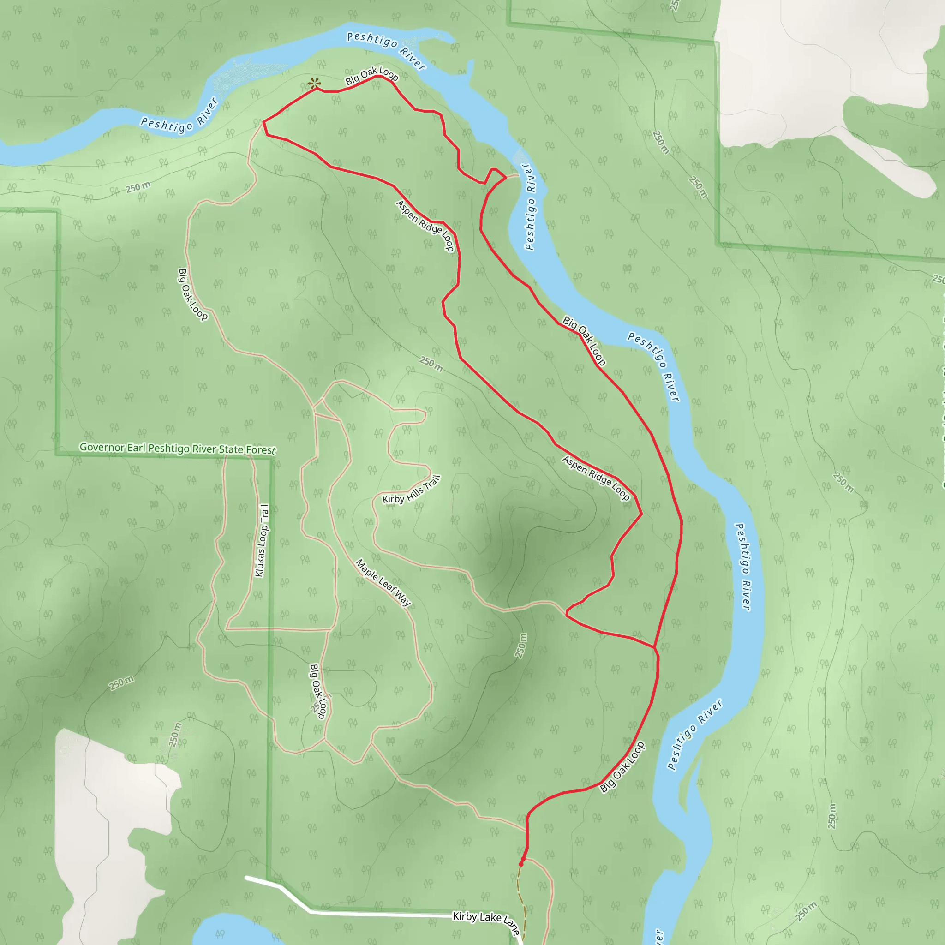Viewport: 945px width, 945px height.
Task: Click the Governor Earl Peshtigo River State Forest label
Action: (x=178, y=448)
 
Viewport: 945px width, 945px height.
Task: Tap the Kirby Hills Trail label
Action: (x=411, y=490)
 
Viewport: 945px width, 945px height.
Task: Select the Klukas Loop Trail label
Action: (x=262, y=540)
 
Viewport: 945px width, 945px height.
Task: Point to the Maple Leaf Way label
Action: (x=383, y=583)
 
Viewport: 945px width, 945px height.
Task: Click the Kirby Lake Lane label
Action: (x=486, y=921)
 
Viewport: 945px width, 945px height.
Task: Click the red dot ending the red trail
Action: (x=521, y=863)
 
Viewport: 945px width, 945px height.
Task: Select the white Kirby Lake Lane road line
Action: (x=382, y=913)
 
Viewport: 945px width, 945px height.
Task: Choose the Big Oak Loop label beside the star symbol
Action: (x=372, y=76)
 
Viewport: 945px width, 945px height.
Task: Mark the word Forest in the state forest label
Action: (x=260, y=449)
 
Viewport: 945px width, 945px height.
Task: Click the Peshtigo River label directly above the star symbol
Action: (x=386, y=50)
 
